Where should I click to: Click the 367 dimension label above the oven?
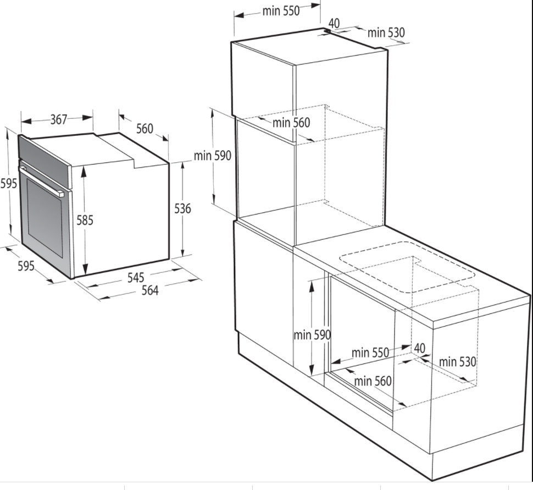pos(59,119)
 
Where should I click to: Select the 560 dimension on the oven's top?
pos(145,129)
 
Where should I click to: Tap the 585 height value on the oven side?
pos(85,220)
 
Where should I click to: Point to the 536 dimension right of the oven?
pos(182,208)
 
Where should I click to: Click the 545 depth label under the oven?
pos(136,278)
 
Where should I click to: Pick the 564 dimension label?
pos(150,290)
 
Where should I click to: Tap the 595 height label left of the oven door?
pos(8,184)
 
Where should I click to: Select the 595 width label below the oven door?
pos(26,266)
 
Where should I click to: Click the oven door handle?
pos(41,181)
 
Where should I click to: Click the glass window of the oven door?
pos(45,218)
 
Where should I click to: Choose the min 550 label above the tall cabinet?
pos(281,11)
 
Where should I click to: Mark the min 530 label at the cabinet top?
pos(386,32)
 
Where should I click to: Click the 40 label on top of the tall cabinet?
pos(334,24)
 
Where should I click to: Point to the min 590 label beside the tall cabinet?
pos(213,156)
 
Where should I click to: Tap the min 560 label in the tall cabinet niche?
pos(291,123)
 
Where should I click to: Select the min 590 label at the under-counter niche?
pos(312,335)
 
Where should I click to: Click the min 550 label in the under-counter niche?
pos(370,353)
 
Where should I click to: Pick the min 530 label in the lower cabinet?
pos(458,362)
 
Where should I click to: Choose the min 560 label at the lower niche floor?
pos(373,381)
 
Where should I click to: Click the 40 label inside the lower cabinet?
pos(419,348)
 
